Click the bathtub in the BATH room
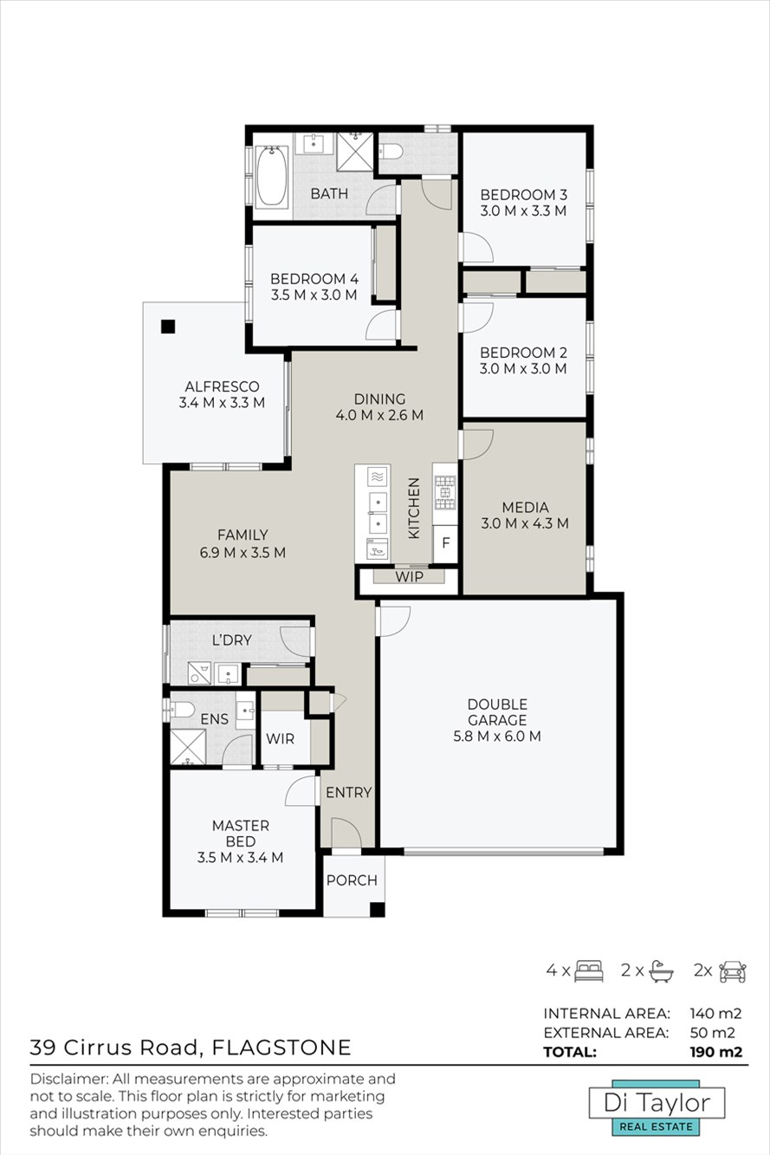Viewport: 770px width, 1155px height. click(x=272, y=177)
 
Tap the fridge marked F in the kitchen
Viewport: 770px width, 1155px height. click(x=445, y=543)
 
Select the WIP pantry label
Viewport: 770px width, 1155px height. click(x=409, y=576)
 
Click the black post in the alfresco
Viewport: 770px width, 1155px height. click(x=168, y=327)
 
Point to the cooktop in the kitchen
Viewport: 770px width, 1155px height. click(x=445, y=493)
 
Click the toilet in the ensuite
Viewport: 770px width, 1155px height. click(x=182, y=710)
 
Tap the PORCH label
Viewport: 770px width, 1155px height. click(x=352, y=880)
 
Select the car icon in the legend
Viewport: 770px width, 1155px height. click(x=733, y=971)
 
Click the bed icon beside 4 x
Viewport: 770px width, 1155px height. click(x=589, y=971)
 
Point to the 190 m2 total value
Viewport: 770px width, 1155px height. click(x=716, y=1052)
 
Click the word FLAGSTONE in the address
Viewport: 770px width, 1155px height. click(x=281, y=1048)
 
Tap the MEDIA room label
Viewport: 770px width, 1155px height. click(x=525, y=508)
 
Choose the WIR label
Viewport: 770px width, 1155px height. click(x=281, y=739)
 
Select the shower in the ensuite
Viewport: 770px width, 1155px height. click(x=188, y=747)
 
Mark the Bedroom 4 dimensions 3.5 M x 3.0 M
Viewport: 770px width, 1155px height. click(x=314, y=295)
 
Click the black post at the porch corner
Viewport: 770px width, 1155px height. click(x=378, y=910)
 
